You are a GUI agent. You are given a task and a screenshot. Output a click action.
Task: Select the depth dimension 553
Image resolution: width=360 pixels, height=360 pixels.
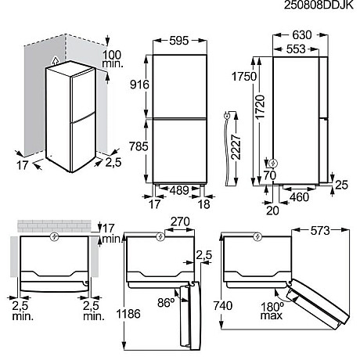(294, 49)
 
